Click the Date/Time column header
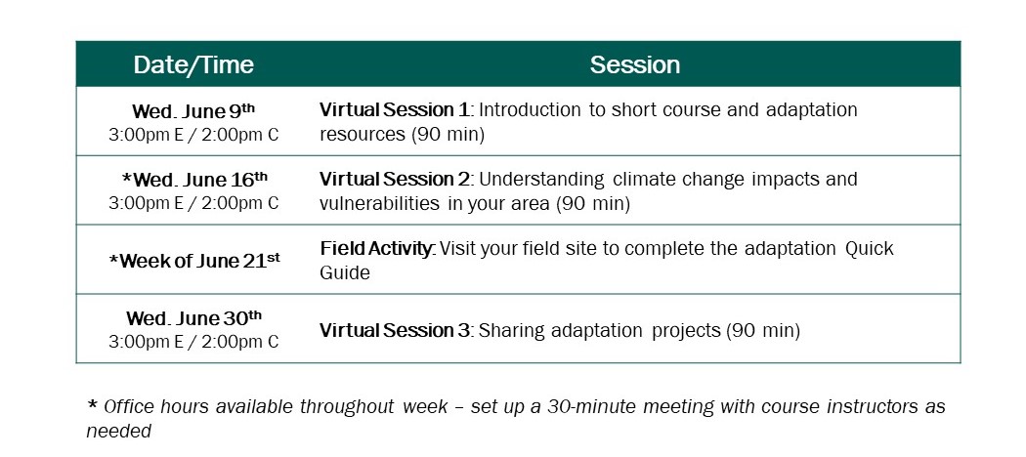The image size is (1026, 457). point(193,64)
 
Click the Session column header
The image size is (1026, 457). point(635,64)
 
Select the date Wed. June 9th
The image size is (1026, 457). point(193,110)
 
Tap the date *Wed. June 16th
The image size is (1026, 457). point(193,180)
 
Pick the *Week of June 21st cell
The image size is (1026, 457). point(193,261)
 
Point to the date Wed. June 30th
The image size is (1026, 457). point(193,318)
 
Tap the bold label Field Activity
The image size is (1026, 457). point(376,249)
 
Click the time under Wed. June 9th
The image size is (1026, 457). point(193,134)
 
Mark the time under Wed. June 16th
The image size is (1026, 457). point(193,203)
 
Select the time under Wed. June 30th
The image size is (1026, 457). point(193,342)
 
